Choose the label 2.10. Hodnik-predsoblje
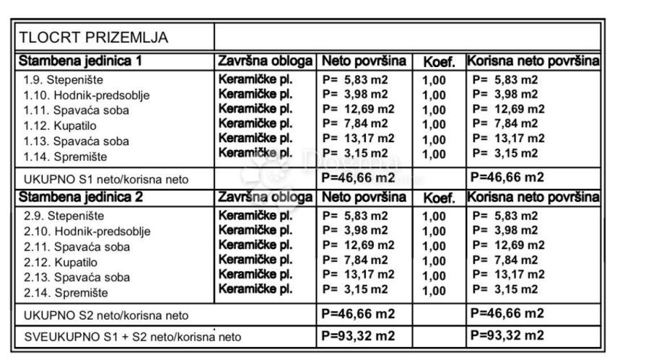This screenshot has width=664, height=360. (x=87, y=232)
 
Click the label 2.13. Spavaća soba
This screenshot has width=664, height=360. (x=76, y=277)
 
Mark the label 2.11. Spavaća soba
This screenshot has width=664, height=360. (x=76, y=247)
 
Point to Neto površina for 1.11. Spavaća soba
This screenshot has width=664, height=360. (x=358, y=109)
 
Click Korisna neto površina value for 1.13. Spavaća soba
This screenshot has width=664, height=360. (x=508, y=139)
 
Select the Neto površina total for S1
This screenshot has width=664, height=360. (x=358, y=177)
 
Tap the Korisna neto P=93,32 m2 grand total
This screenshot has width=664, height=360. (x=507, y=335)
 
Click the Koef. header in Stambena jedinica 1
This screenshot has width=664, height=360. (x=437, y=62)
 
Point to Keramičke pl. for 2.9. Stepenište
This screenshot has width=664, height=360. (x=255, y=215)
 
